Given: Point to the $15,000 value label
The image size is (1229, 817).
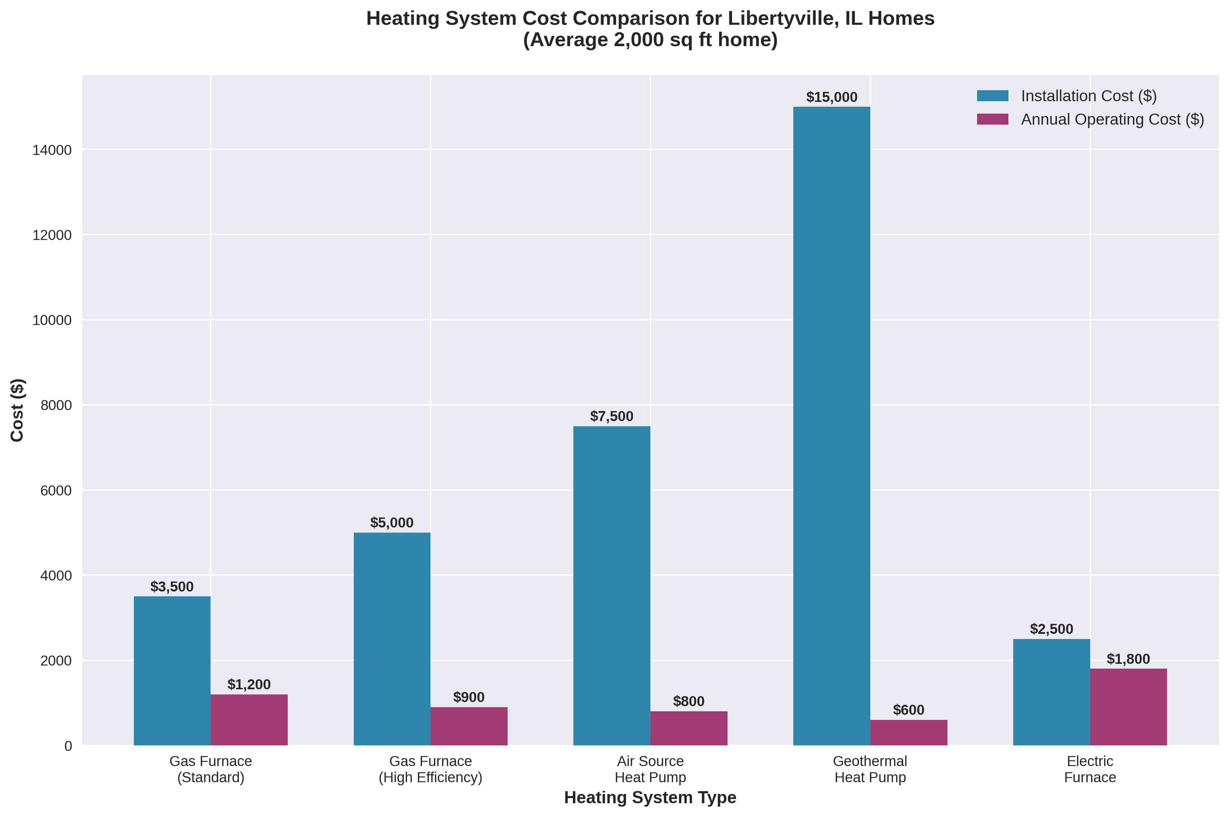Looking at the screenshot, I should pos(831,97).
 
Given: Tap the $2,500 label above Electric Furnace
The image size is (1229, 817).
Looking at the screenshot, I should pos(1051,629).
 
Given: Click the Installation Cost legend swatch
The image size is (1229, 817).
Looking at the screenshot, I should pos(992,96).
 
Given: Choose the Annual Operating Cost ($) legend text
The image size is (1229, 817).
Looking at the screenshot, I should pos(1112,119).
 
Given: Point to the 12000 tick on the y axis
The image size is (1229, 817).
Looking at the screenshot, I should pos(52,235).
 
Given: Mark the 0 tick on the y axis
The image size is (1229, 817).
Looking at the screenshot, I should pos(68,746).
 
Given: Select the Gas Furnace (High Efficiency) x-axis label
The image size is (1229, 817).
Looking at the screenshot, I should pos(430,769).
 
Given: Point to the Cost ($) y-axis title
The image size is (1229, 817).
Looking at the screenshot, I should pos(17,410).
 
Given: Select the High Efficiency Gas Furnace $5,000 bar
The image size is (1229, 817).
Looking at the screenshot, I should pos(392,638).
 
